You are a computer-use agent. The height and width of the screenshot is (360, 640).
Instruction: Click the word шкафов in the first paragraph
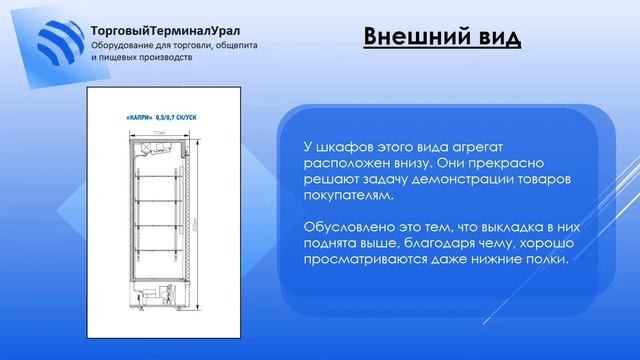pos(341,148)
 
